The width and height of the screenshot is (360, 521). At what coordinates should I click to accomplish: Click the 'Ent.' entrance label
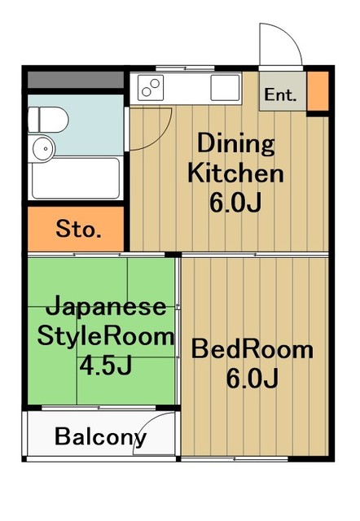point(281,94)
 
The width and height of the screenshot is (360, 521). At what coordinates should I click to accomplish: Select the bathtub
point(75,177)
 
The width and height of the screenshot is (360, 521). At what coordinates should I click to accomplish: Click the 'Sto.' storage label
point(78,230)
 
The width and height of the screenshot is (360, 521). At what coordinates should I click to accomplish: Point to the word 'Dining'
point(235,145)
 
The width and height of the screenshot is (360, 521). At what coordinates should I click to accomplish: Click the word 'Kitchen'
point(235,173)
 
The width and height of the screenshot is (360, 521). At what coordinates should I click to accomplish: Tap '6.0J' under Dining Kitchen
point(235,201)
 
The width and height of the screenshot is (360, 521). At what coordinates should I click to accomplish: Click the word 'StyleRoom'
point(103,335)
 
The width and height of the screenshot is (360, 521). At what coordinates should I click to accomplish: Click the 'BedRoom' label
point(252,350)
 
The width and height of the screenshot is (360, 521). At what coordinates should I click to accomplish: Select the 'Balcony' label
point(100,437)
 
